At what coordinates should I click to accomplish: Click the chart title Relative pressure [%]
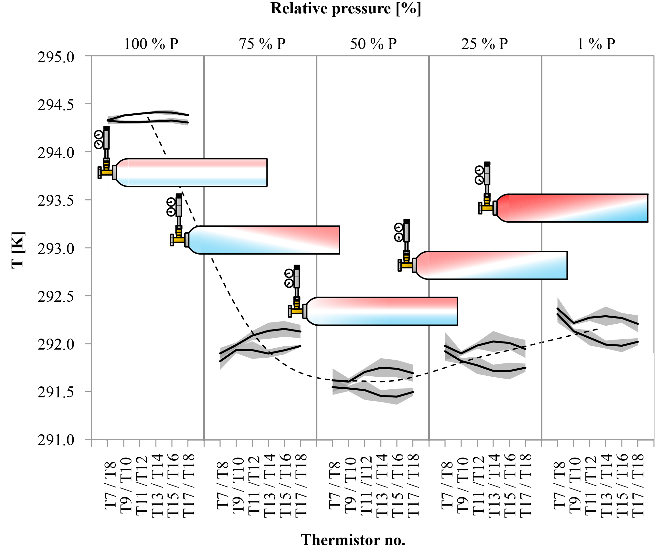click(346, 9)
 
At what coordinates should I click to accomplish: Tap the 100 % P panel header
click(151, 44)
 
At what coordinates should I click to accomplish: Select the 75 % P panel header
click(262, 44)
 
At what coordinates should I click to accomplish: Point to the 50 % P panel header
click(373, 44)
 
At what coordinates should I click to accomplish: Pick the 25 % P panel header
click(484, 44)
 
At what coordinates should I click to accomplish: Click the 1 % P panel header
click(596, 44)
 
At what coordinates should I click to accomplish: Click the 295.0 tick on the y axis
click(56, 58)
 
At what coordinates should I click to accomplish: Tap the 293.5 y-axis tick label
click(56, 201)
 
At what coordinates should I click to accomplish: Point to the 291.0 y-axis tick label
click(56, 440)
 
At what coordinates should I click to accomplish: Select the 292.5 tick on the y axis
click(56, 297)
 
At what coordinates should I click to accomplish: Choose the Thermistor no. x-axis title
click(353, 540)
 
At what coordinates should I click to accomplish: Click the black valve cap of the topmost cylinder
click(106, 129)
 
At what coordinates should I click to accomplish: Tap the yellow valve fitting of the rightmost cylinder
click(487, 207)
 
